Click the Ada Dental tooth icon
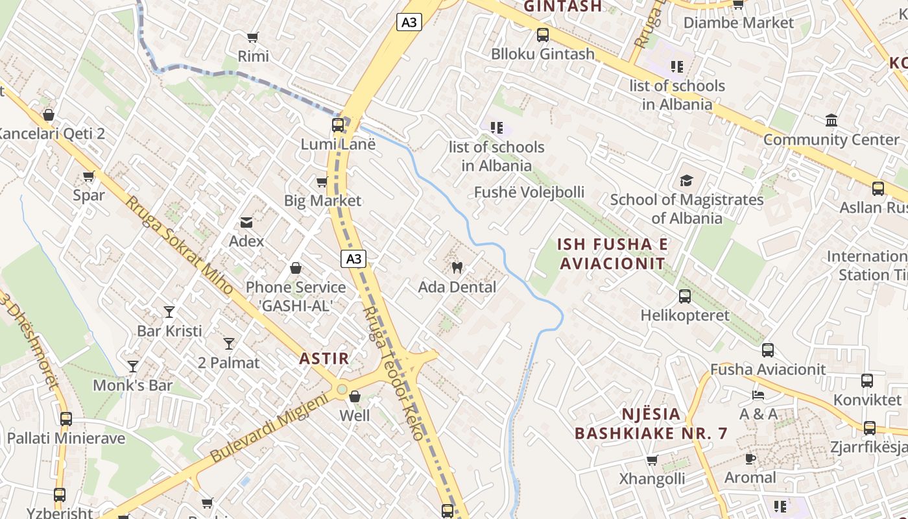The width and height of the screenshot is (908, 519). (x=457, y=267)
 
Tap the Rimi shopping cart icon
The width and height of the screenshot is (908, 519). (x=253, y=38)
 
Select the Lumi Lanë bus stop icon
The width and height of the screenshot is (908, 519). (x=338, y=125)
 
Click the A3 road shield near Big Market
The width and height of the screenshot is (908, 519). (x=353, y=259)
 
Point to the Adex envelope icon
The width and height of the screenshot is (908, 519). (x=246, y=223)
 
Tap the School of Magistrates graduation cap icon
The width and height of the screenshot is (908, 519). (x=686, y=180)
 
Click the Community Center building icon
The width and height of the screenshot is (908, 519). (x=831, y=121)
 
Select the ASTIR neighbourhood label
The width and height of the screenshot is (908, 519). (x=324, y=358)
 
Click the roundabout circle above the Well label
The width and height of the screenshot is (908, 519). (x=342, y=389)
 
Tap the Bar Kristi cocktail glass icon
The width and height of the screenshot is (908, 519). (x=169, y=312)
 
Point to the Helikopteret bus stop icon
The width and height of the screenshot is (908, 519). (x=685, y=296)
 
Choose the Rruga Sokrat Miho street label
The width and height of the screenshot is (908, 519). (x=179, y=247)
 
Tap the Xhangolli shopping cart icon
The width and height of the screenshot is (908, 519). (x=652, y=460)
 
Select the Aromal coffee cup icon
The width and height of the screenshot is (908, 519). (x=750, y=459)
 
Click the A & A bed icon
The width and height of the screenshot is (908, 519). (x=758, y=394)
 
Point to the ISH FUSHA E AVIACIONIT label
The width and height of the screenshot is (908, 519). (x=613, y=254)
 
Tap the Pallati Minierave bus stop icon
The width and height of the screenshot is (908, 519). (x=66, y=419)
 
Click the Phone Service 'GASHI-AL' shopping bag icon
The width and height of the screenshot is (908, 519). (x=296, y=268)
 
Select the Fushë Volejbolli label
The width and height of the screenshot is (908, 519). (x=529, y=192)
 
